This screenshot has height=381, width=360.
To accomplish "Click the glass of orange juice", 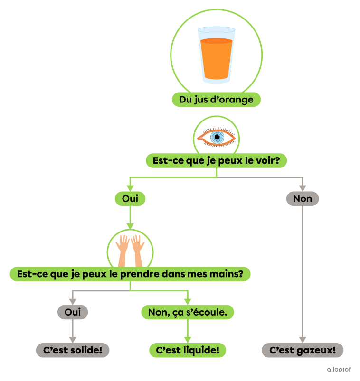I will point(216,55).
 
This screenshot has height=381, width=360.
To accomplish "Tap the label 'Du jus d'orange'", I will point(216,100).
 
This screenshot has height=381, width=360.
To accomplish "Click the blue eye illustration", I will point(217,137).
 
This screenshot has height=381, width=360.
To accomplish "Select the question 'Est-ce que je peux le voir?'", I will point(216,161).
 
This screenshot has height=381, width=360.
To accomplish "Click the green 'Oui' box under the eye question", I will point(130,199).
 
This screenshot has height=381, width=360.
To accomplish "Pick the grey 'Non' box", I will point(303,199).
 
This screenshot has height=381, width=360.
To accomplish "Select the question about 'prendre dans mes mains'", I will point(130,274).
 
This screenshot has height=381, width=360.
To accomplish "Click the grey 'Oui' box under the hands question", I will point(73,312).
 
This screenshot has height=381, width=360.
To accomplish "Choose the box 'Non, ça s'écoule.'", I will point(188,312).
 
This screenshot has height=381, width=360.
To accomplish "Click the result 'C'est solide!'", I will point(73,351).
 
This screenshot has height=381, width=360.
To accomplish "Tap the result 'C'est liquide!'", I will point(188,351).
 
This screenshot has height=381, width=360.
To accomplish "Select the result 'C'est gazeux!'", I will point(303,351).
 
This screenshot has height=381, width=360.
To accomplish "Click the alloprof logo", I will point(339,369).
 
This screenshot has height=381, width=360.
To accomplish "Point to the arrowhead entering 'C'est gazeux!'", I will point(303,340).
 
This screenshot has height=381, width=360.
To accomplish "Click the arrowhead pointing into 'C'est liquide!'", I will point(188,340).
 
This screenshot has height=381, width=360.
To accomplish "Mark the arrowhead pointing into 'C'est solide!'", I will point(73,340).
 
